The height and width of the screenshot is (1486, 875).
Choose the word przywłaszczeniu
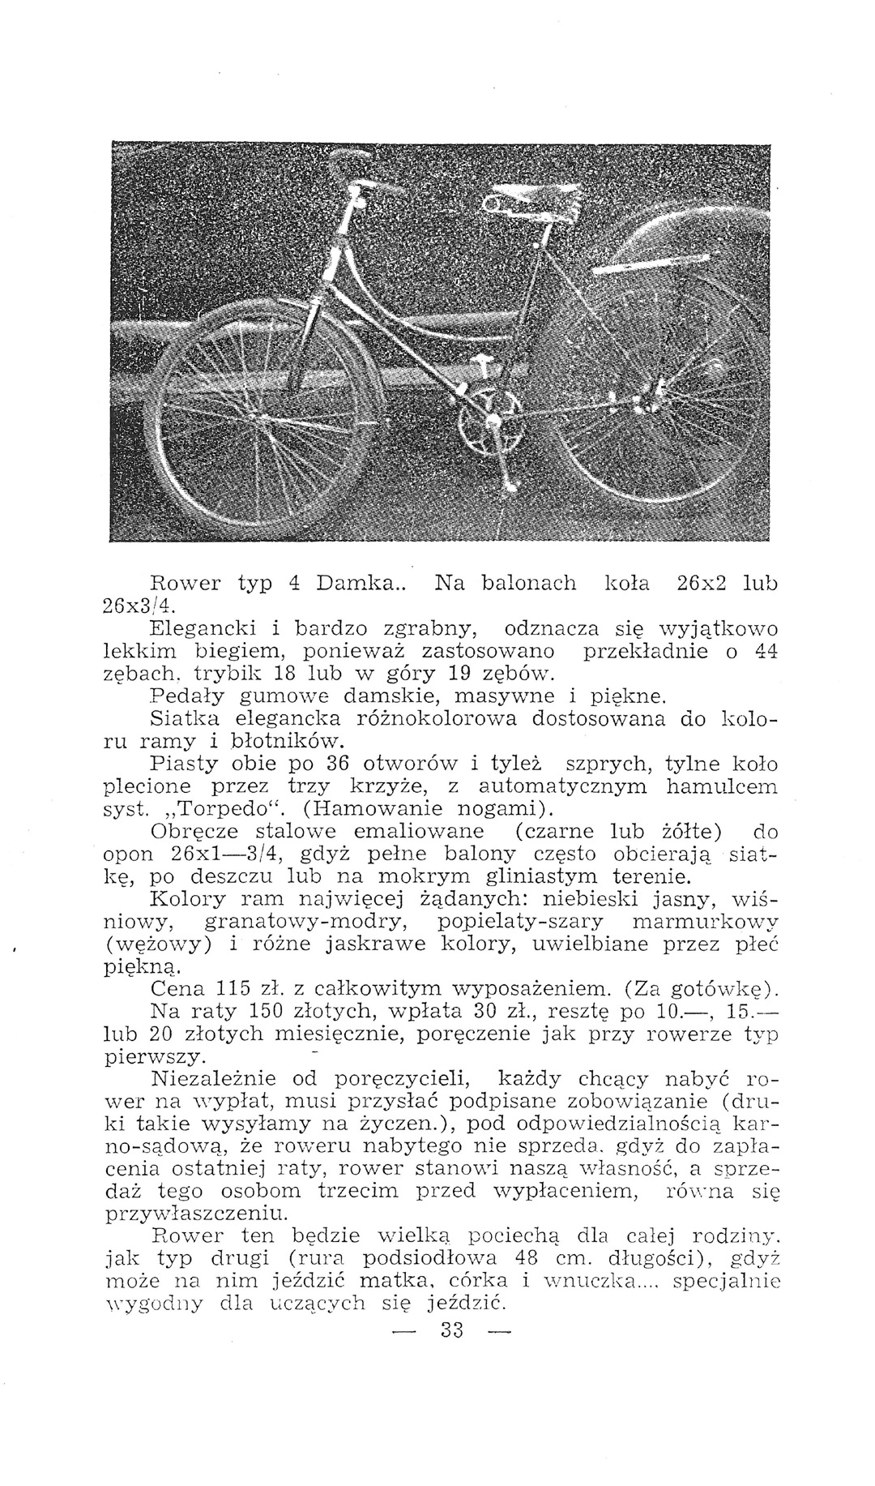pyautogui.click(x=197, y=1214)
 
